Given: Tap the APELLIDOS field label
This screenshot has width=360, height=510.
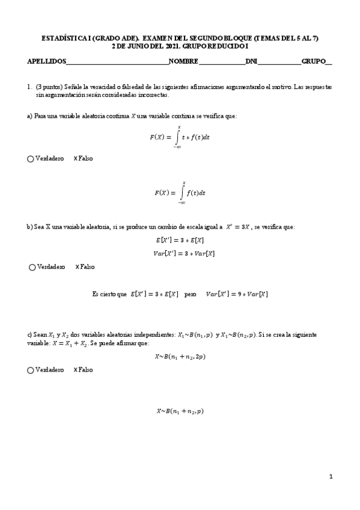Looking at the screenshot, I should pyautogui.click(x=47, y=61).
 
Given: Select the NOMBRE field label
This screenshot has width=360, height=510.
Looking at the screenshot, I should pyautogui.click(x=183, y=61).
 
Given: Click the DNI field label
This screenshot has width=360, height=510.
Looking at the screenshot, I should pyautogui.click(x=251, y=61).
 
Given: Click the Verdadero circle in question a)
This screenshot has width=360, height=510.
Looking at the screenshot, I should pyautogui.click(x=31, y=159).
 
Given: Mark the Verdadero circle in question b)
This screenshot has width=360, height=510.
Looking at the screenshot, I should pyautogui.click(x=32, y=267).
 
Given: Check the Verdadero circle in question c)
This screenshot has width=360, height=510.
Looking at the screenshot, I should pyautogui.click(x=31, y=370).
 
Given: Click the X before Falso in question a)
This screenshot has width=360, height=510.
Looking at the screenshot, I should pyautogui.click(x=76, y=159).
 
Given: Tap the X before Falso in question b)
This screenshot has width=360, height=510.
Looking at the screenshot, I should pyautogui.click(x=78, y=267).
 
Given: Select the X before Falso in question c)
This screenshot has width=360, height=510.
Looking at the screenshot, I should pyautogui.click(x=76, y=370).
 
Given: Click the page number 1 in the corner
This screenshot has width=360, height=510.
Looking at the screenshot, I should pyautogui.click(x=331, y=477).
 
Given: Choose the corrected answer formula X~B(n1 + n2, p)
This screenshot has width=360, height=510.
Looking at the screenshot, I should pyautogui.click(x=180, y=411).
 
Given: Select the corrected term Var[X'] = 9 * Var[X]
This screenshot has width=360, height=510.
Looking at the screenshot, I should pyautogui.click(x=237, y=294).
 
